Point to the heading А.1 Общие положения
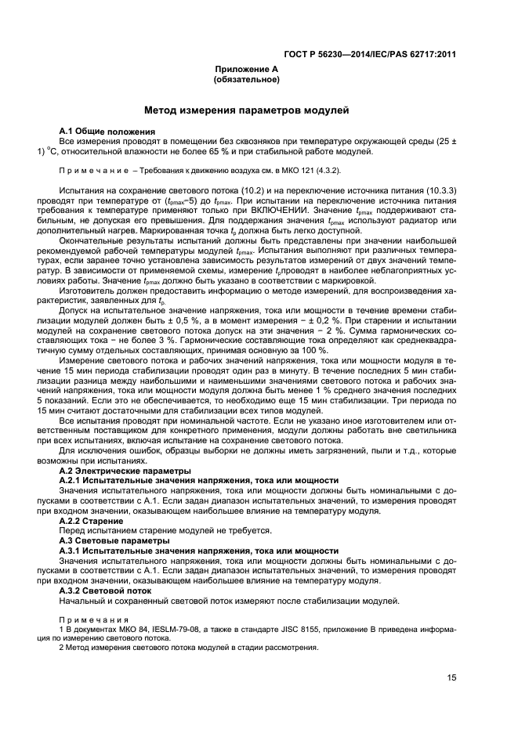[x=107, y=131]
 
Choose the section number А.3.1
[x=72, y=551]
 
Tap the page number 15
[x=451, y=678]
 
